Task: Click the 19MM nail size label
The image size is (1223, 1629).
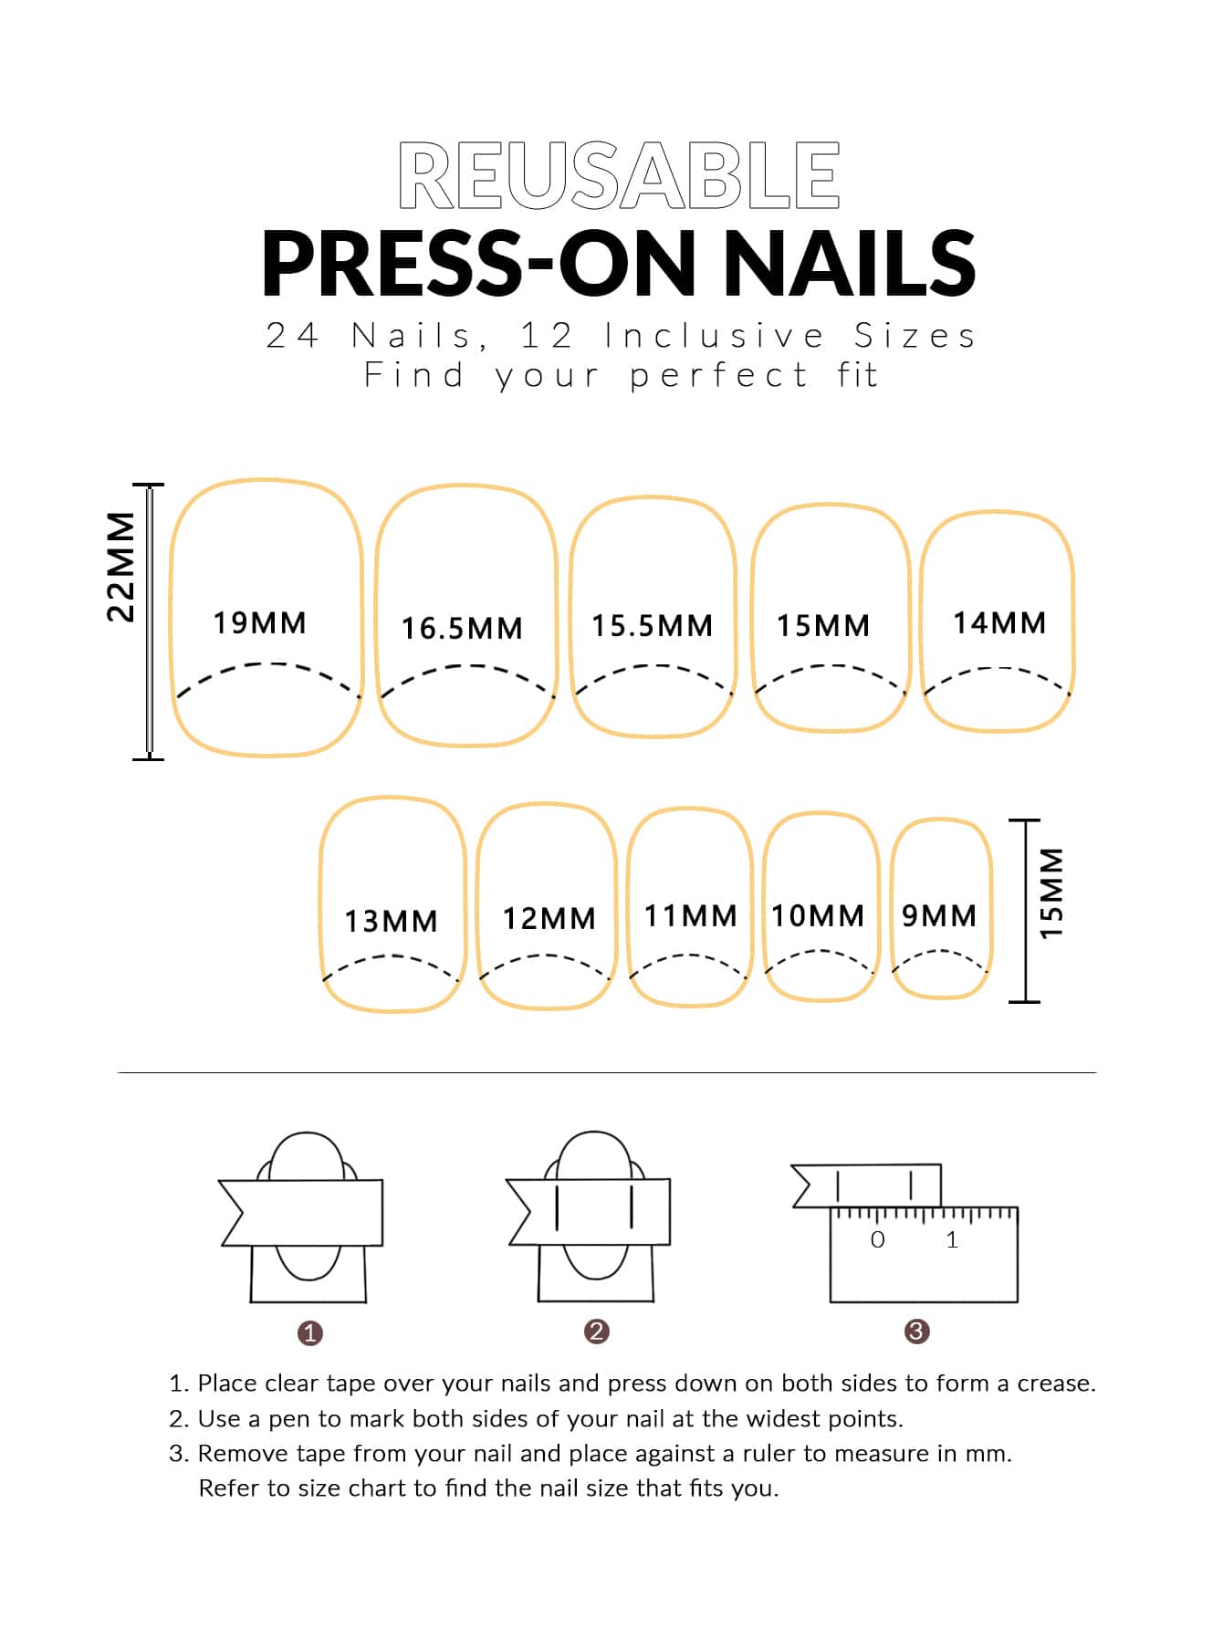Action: coord(260,623)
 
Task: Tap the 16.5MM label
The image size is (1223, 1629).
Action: coord(463,628)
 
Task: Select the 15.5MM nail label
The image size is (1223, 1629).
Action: coord(653,626)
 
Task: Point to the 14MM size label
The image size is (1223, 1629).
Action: coord(999,623)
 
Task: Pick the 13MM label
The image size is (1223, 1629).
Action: coord(392,921)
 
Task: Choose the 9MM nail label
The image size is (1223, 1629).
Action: coord(939,915)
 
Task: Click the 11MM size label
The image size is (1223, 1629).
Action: coord(691,915)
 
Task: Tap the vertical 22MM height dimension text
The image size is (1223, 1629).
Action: coord(120,567)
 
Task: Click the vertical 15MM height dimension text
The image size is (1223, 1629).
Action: coord(1052,893)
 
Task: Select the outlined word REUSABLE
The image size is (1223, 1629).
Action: coord(619,175)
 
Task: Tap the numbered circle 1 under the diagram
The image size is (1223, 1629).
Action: coord(310,1333)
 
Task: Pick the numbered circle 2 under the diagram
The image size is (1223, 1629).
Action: coord(596,1331)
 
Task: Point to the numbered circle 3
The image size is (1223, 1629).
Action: coord(916,1331)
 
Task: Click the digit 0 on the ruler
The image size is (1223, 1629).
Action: coord(878,1239)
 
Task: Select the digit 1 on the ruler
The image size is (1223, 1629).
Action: coord(952,1239)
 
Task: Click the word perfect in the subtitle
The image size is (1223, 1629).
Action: coord(719,376)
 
